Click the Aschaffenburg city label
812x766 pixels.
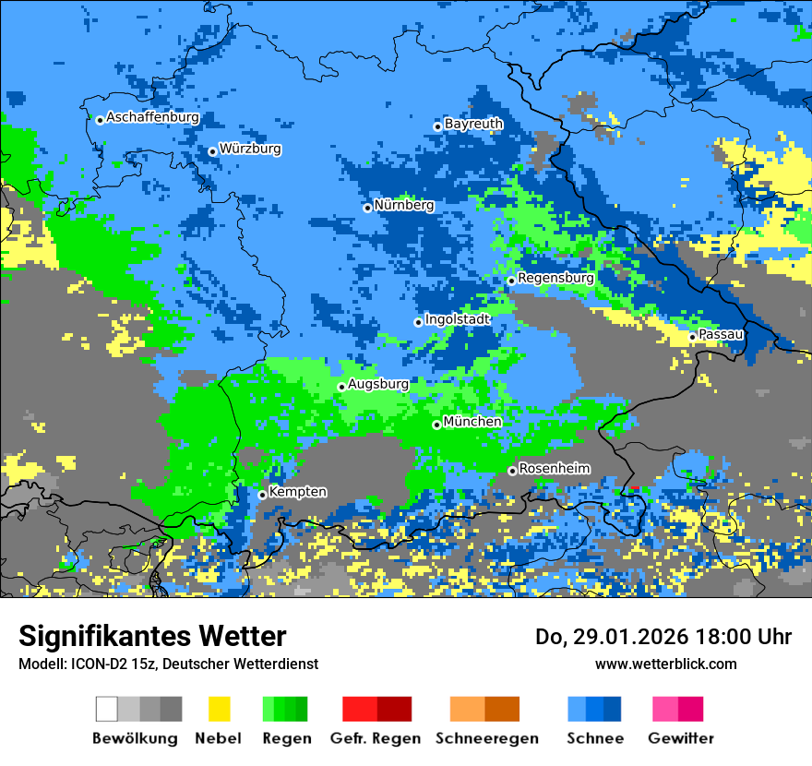(152, 118)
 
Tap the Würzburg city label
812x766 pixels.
(250, 149)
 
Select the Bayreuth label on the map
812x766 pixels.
(473, 124)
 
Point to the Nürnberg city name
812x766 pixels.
(403, 206)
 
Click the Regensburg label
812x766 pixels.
(555, 278)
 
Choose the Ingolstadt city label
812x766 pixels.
(457, 319)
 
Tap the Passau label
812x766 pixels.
(721, 334)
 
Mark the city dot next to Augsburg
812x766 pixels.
(341, 387)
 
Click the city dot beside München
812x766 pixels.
(436, 425)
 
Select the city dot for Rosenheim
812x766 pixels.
(512, 472)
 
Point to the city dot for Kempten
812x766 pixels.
(262, 495)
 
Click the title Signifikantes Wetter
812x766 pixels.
(152, 637)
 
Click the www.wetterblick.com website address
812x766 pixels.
(665, 664)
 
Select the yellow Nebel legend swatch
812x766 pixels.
(219, 709)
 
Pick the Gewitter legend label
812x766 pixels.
(680, 738)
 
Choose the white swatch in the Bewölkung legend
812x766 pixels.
(106, 709)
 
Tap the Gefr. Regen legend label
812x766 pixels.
(375, 738)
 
